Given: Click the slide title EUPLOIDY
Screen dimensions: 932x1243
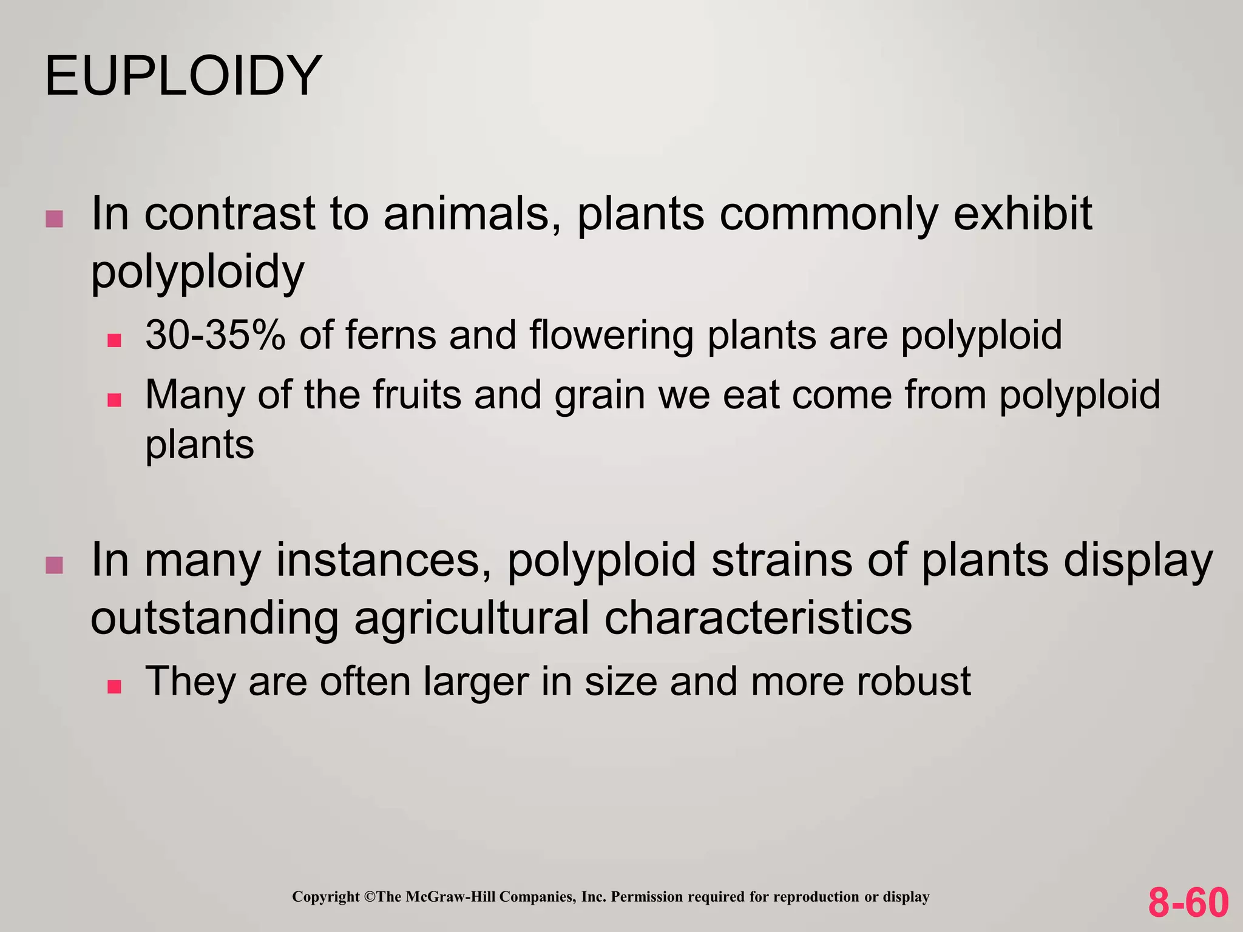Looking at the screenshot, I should click(x=183, y=76).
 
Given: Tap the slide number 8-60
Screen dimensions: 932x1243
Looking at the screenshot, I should click(x=1188, y=902).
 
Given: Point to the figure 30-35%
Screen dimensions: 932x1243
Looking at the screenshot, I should click(x=215, y=335).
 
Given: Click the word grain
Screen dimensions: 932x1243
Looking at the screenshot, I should click(x=600, y=396).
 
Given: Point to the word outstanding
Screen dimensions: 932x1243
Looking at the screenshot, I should click(x=214, y=619).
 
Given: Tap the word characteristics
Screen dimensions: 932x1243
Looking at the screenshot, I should click(x=758, y=618).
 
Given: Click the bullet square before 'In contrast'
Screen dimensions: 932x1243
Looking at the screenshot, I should click(x=54, y=219).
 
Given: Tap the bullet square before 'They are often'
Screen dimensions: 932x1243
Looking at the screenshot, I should click(x=114, y=686).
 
